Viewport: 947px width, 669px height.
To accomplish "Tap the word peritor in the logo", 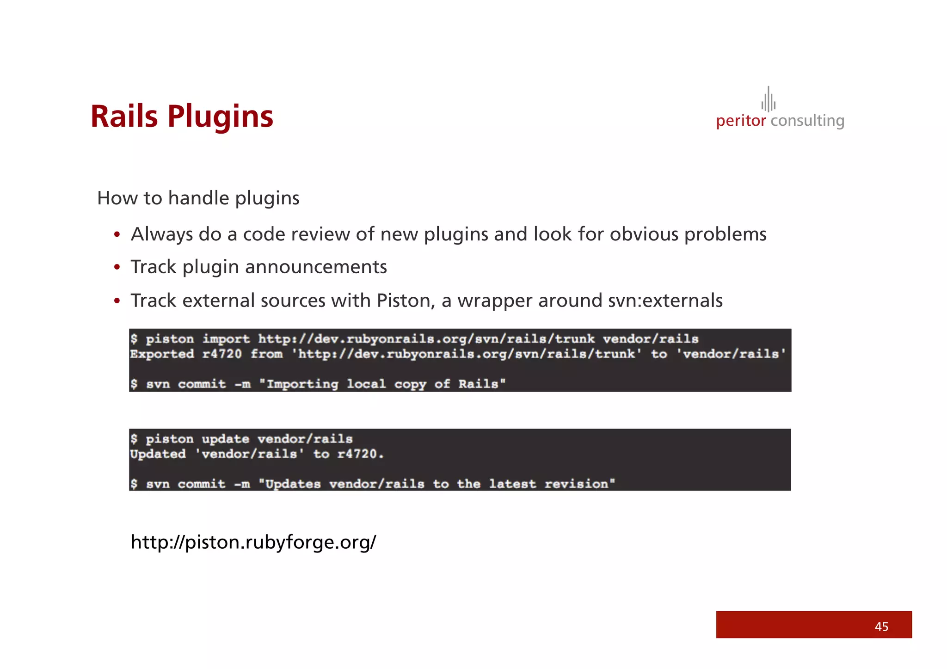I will point(741,121).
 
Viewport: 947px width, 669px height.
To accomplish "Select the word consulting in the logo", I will point(807,121).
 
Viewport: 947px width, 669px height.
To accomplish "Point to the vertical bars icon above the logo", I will point(769,100).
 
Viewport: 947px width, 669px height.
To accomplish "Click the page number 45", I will point(881,626).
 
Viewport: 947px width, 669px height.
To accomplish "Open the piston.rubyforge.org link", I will point(253,542).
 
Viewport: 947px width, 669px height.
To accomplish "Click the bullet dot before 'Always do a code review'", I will point(117,235).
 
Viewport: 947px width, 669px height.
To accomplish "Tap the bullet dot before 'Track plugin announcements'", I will point(117,267).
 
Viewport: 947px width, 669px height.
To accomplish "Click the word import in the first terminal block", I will point(226,339).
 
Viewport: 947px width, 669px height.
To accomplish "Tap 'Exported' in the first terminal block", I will point(162,354).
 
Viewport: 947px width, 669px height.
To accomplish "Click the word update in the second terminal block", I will point(225,439).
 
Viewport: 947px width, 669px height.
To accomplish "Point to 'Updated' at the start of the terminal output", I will point(158,454).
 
